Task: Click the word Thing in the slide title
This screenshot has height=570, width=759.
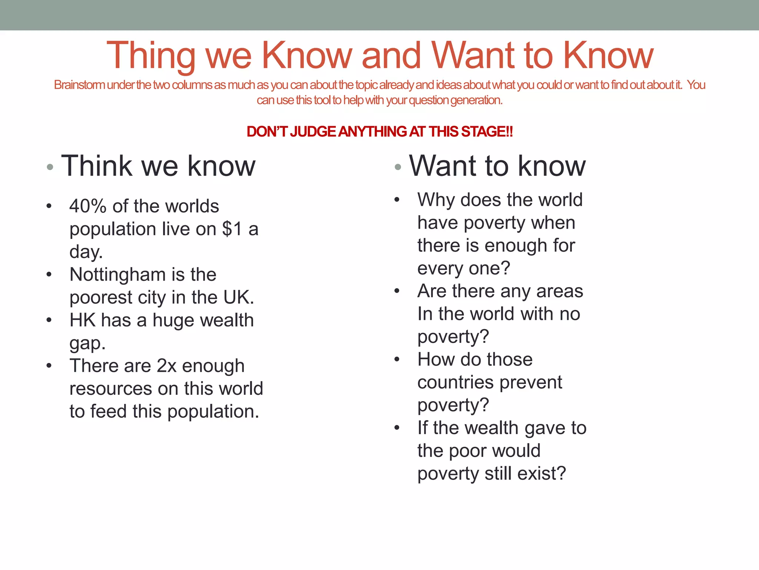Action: point(150,56)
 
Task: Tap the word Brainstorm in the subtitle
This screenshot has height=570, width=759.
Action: point(79,85)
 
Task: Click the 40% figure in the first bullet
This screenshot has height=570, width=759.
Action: point(88,206)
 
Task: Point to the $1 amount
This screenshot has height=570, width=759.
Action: point(232,229)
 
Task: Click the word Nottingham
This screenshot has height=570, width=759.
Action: point(117,275)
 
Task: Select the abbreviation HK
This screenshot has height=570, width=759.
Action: point(82,320)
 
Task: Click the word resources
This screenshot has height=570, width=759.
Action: point(110,389)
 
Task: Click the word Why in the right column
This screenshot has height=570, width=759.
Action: point(436,200)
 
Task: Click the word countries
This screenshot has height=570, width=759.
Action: point(457,383)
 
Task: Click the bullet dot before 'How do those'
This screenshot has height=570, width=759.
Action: point(397,359)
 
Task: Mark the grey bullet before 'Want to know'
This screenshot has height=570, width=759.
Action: point(398,167)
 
